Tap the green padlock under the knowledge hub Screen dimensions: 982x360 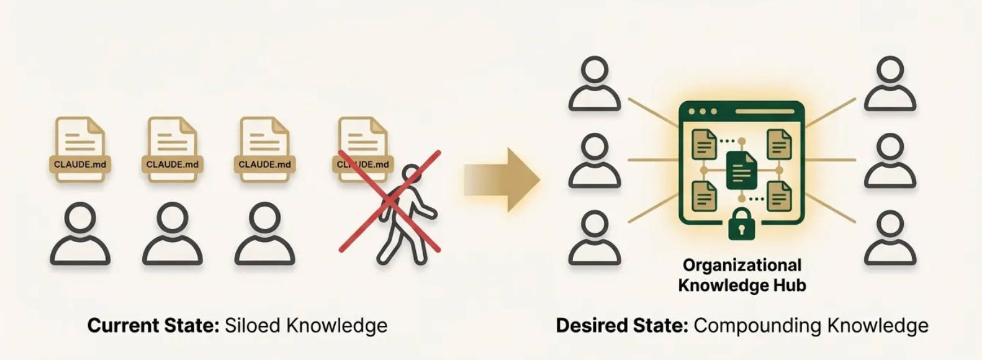click(742, 225)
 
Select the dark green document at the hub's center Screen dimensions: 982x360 click(742, 171)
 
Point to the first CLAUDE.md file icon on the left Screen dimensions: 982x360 click(80, 149)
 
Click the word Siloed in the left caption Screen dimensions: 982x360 click(252, 325)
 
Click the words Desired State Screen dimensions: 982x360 click(621, 325)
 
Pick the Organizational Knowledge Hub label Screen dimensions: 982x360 click(742, 275)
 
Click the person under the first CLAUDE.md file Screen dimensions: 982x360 click(80, 235)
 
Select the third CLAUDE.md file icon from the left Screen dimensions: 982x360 click(264, 149)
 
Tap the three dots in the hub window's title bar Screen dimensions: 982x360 click(703, 112)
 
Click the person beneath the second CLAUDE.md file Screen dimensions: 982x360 click(172, 235)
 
